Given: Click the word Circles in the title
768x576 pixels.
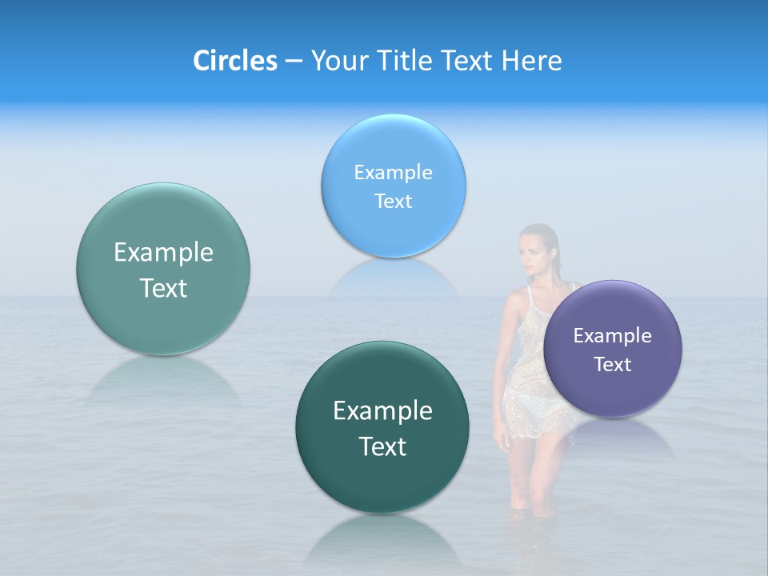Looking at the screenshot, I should pyautogui.click(x=234, y=61).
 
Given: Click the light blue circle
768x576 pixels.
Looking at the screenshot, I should pyautogui.click(x=393, y=186).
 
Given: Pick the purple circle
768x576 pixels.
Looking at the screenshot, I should pyautogui.click(x=613, y=349).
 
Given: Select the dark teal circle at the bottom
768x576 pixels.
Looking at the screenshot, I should pyautogui.click(x=382, y=427).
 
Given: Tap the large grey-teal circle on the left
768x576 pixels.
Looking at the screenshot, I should pyautogui.click(x=163, y=269).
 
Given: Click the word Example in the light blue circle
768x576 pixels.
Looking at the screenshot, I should pyautogui.click(x=393, y=173).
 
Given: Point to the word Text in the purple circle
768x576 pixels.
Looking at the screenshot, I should pyautogui.click(x=613, y=365).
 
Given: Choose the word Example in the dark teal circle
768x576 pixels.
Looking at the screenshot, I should pyautogui.click(x=382, y=411).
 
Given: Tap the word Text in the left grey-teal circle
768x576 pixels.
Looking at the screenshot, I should pyautogui.click(x=163, y=288).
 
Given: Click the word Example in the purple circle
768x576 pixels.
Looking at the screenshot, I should pyautogui.click(x=613, y=336).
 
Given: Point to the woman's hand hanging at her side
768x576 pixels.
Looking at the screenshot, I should pyautogui.click(x=502, y=438).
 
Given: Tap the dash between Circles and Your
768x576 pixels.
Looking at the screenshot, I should pyautogui.click(x=293, y=62).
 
